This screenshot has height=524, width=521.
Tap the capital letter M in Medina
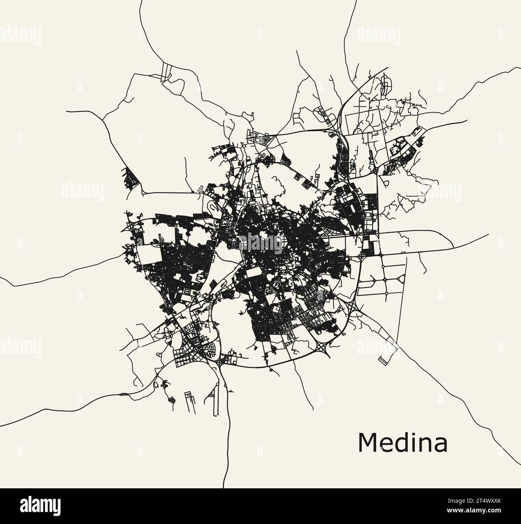(x=367, y=442)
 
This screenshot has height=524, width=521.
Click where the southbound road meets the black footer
(x=223, y=488)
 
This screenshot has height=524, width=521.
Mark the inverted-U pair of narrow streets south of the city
(x=189, y=401)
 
